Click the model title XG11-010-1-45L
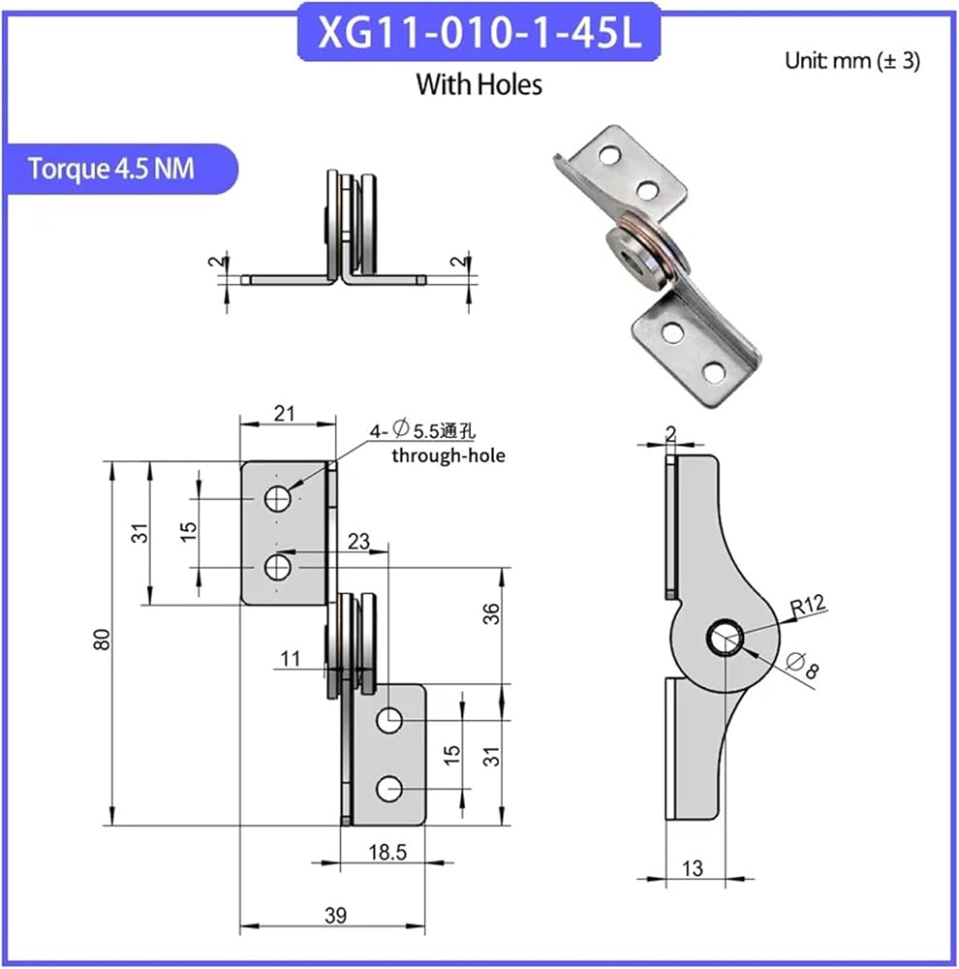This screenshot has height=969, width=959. point(479,32)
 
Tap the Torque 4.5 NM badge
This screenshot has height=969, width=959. point(120,169)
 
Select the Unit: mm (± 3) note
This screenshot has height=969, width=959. point(852,60)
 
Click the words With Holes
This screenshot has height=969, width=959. point(479,84)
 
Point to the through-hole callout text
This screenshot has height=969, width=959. point(449,456)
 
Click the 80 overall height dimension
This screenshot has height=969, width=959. point(102,639)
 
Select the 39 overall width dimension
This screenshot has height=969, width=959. point(335,915)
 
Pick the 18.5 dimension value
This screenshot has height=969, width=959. point(387,853)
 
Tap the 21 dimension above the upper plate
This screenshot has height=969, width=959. point(284,414)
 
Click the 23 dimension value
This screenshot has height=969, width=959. point(358,542)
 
